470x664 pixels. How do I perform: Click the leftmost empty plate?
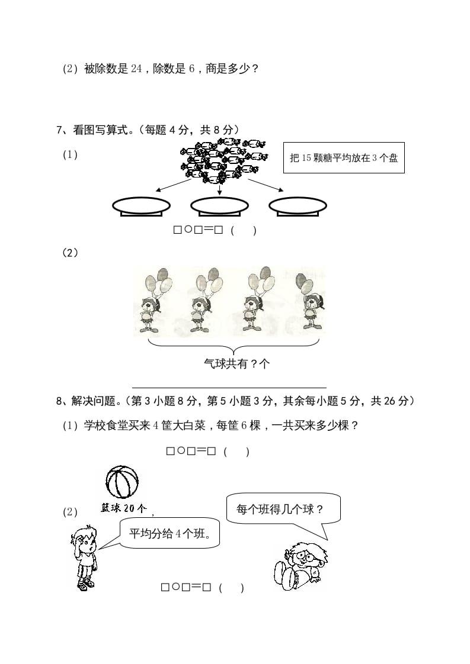click(141, 205)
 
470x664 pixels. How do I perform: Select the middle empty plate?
click(219, 205)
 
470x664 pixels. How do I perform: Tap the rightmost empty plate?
click(298, 205)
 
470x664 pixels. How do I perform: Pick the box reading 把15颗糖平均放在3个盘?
click(344, 158)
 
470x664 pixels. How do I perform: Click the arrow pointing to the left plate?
click(175, 185)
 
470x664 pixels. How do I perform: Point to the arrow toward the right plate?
click(266, 185)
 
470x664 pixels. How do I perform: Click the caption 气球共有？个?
click(236, 364)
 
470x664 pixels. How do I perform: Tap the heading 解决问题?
click(94, 401)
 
